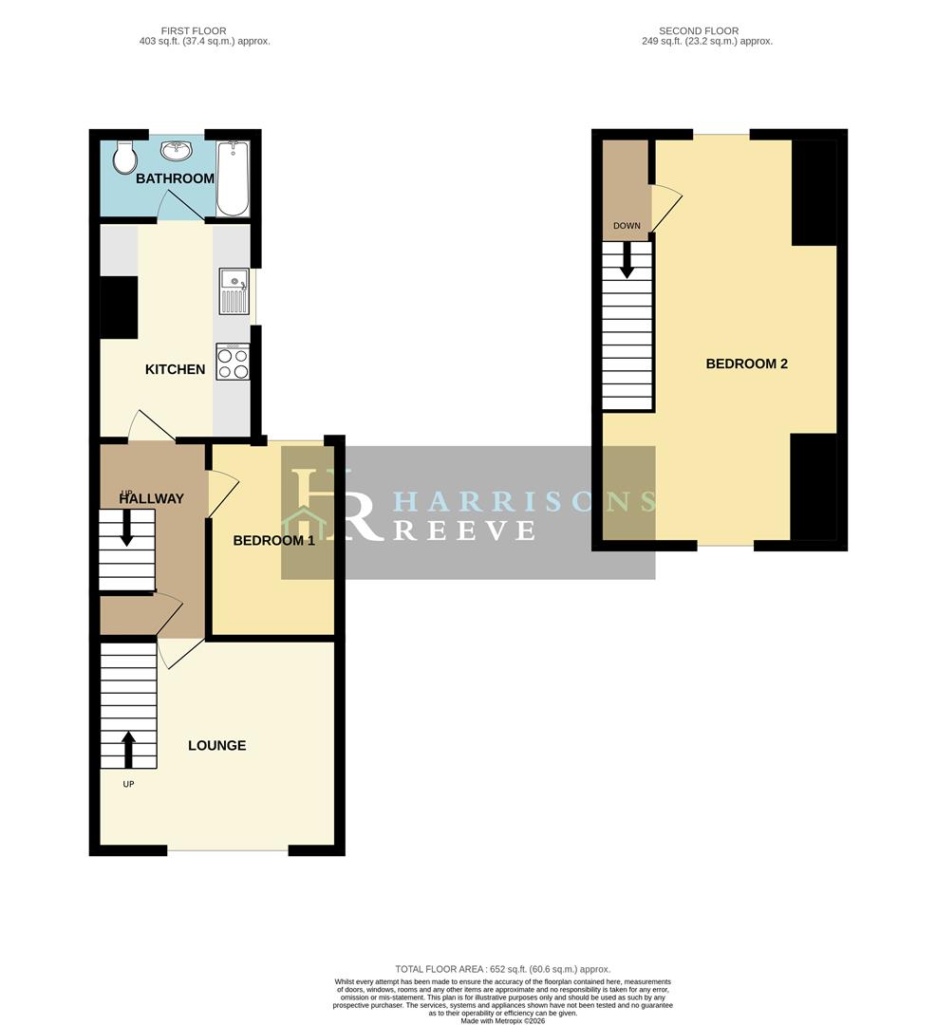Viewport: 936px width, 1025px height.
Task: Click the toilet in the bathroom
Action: pos(123,157)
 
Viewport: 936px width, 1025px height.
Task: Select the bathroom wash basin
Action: pos(177,151)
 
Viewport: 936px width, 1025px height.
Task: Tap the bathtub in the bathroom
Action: pos(233,178)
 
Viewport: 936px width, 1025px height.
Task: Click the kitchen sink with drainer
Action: pos(234,291)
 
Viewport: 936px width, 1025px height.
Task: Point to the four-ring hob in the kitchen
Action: pos(234,362)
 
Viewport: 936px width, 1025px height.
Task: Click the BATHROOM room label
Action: pos(176,178)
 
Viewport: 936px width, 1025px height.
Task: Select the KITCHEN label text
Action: pos(176,369)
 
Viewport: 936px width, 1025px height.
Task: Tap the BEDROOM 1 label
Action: pos(274,541)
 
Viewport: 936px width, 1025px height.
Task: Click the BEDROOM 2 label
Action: pos(746,364)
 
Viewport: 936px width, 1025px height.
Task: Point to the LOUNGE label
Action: pos(217,746)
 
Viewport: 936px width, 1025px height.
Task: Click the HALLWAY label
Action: pos(152,499)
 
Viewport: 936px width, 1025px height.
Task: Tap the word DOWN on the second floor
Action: pos(627,226)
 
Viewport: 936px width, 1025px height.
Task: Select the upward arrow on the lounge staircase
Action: pos(128,749)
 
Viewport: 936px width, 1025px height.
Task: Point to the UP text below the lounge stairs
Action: pos(128,784)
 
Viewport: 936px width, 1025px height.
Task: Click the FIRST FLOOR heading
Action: pos(194,30)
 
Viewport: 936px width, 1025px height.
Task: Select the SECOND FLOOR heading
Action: pos(699,30)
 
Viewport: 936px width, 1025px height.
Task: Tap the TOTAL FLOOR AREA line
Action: pos(502,969)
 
